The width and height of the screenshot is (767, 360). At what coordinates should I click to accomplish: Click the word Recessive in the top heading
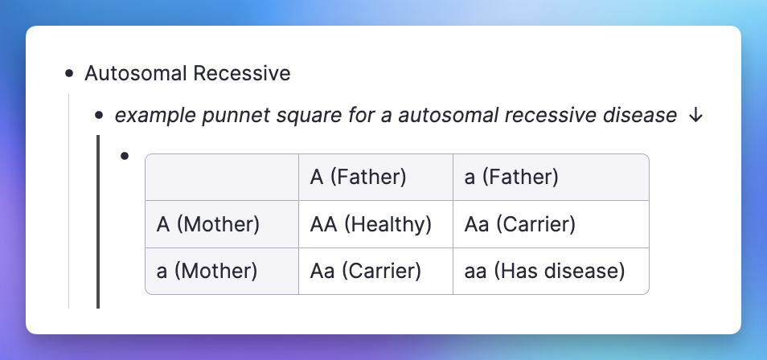242,73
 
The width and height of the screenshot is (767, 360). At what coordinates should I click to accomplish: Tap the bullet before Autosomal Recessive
69,74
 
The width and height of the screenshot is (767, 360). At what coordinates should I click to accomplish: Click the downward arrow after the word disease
695,116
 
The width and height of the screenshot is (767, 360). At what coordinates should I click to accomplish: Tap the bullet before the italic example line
100,116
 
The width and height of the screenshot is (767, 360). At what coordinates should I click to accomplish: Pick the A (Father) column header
358,177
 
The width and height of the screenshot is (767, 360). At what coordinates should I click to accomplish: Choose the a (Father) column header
511,177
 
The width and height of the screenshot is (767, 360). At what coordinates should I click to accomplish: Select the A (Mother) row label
208,224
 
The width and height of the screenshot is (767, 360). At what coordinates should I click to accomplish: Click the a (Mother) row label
207,271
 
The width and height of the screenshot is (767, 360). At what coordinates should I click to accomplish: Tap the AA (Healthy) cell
371,224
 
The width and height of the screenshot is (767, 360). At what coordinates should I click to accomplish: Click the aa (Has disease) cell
544,271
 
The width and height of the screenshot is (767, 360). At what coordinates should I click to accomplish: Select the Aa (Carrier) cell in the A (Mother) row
520,224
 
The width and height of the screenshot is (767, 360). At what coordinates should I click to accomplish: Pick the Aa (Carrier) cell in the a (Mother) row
365,271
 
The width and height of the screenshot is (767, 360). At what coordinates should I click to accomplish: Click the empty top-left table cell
222,177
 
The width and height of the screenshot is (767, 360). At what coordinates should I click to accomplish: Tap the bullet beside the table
125,156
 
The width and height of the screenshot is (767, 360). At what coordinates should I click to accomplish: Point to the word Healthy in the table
388,224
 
